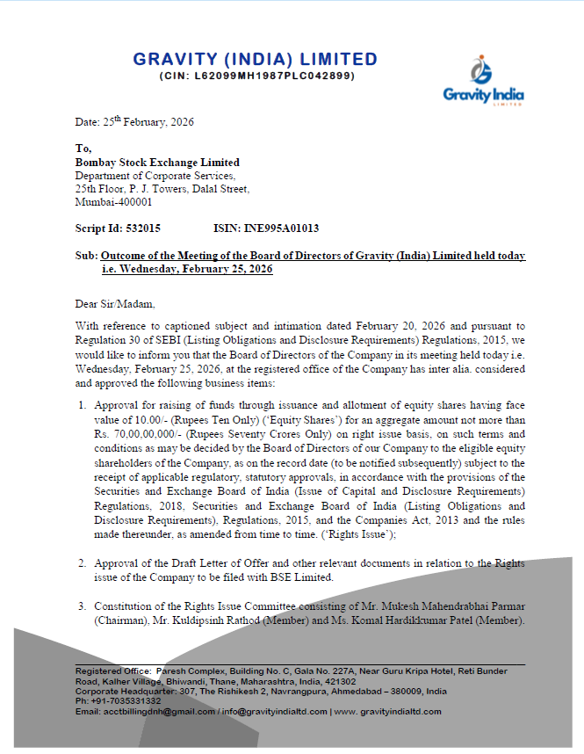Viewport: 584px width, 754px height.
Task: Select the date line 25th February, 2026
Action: [x=134, y=122]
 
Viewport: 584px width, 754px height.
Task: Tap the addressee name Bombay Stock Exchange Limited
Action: [x=157, y=163]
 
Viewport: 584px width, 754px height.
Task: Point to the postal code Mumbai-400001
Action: [x=113, y=202]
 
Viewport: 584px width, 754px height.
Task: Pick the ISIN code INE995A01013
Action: [x=284, y=228]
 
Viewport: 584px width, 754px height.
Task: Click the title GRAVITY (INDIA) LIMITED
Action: [x=256, y=60]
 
